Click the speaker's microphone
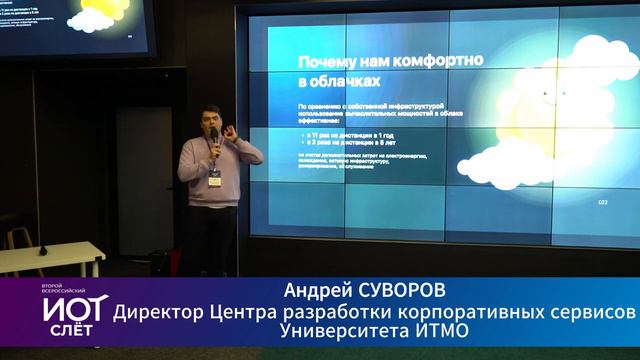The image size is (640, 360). (213, 143)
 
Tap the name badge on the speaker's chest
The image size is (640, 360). (215, 171)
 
